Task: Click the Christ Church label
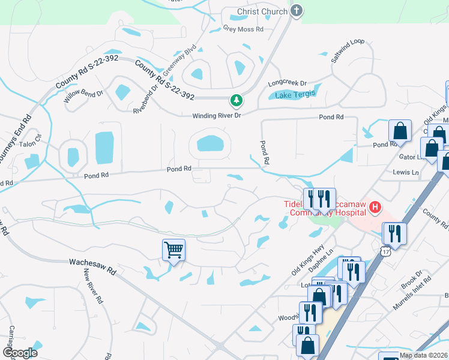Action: [x=262, y=11]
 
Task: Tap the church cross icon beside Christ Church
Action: [x=296, y=11]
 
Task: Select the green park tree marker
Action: [x=237, y=100]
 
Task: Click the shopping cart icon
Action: [x=173, y=249]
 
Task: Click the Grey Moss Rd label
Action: [x=243, y=28]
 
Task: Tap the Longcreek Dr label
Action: [x=288, y=83]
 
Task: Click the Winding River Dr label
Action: [x=216, y=116]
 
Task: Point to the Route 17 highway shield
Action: [x=385, y=248]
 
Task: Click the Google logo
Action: [x=20, y=352]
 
